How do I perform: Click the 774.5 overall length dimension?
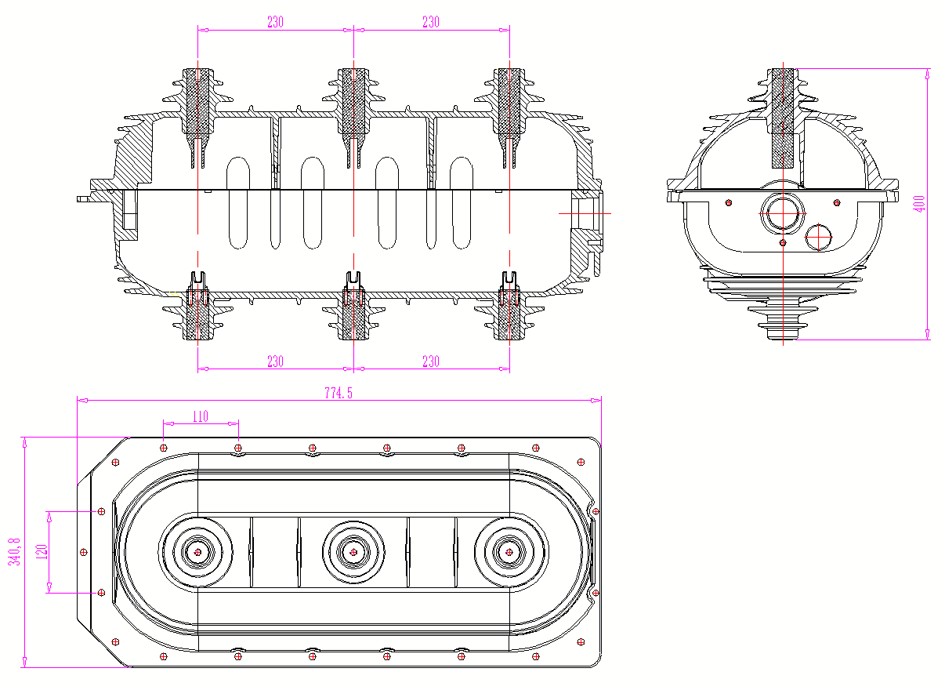coord(339,394)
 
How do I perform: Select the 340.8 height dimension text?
coord(13,551)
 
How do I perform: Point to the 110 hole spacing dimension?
coord(200,416)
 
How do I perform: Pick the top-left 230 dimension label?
coord(275,23)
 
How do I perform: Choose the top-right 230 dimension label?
coord(431,23)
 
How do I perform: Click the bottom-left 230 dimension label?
coord(275,361)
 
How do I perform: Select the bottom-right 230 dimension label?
coord(431,361)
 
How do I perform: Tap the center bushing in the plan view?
coord(353,552)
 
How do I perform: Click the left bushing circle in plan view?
coord(197,552)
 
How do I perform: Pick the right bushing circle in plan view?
coord(509,552)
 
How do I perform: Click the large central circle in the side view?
coord(781,213)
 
